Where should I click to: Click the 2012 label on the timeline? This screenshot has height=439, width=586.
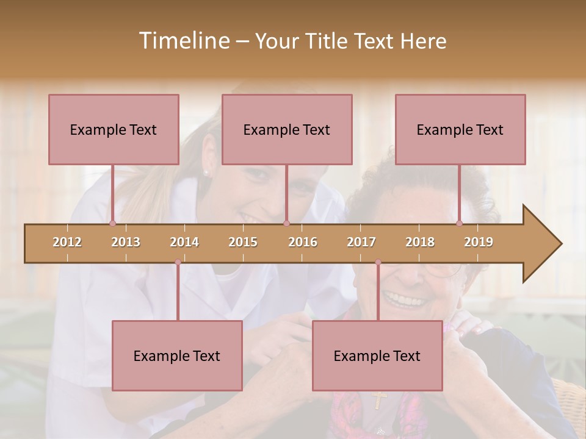(x=67, y=242)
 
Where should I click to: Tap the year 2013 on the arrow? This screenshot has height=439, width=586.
(x=126, y=242)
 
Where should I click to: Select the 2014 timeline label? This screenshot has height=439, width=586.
(x=184, y=242)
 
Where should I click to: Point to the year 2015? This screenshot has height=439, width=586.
(x=243, y=242)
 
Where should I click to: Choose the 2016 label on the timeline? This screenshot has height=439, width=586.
(x=303, y=242)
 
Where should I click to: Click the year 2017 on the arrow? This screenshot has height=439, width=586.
(x=361, y=242)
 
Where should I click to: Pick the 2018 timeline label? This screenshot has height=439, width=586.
(x=420, y=242)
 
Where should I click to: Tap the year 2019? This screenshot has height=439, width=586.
(x=479, y=242)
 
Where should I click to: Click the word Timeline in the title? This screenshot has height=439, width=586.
(x=183, y=41)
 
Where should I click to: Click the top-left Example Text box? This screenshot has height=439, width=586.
(x=114, y=129)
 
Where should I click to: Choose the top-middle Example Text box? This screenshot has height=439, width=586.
(x=287, y=129)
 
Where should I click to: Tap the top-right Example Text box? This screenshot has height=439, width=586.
(x=460, y=129)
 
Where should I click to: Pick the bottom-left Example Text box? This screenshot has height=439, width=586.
(x=177, y=355)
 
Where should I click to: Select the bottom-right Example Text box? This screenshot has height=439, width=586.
(x=377, y=355)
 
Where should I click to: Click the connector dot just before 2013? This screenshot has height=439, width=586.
(x=112, y=223)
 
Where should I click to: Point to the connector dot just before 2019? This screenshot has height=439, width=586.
(x=460, y=223)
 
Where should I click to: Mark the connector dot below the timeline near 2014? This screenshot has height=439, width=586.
(x=178, y=262)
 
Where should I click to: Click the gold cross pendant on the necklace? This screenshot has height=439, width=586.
(x=379, y=399)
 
